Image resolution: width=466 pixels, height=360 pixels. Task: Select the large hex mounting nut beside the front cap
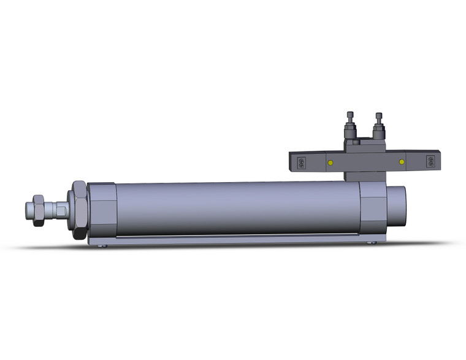(79, 209)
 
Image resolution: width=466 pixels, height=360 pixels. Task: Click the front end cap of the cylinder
(101, 209)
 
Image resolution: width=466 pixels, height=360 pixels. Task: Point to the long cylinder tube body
(236, 209)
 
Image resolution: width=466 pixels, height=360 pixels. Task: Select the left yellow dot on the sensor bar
(330, 163)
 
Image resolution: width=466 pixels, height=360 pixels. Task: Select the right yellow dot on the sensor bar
(402, 163)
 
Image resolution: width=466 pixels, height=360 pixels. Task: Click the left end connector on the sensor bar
(300, 163)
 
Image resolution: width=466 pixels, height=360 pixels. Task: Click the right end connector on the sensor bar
(430, 163)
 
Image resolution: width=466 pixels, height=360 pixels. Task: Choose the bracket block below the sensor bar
(365, 175)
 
